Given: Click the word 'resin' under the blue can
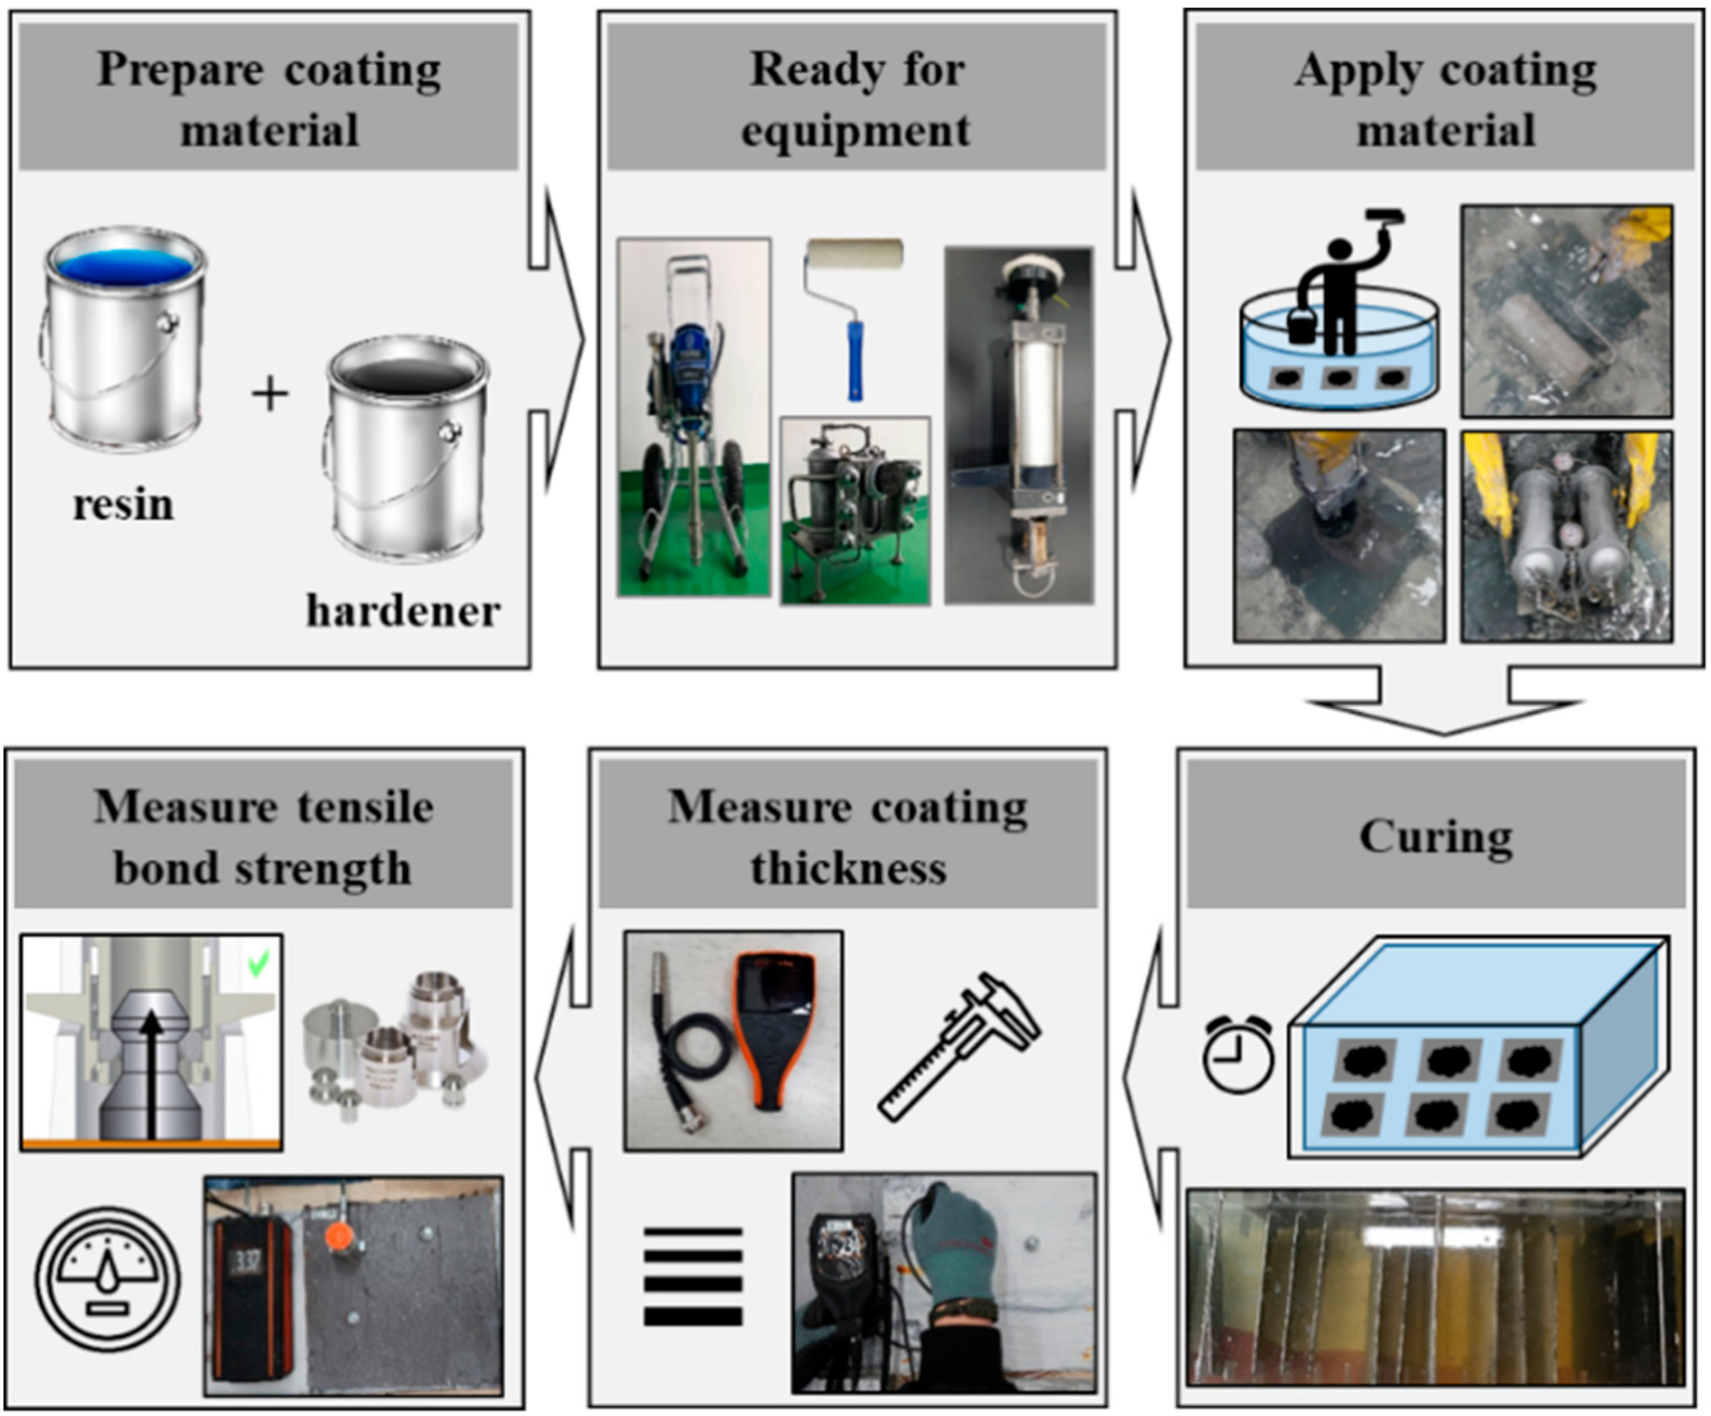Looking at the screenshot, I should [123, 505].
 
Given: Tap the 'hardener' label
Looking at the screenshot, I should [402, 611].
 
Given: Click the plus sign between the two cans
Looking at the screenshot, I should [270, 395].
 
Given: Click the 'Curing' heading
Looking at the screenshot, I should [1435, 837].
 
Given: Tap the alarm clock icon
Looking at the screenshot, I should [1238, 1054].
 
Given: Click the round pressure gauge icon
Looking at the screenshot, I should [108, 1279].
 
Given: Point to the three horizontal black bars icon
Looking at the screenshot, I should [693, 1276].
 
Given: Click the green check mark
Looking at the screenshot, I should [258, 965].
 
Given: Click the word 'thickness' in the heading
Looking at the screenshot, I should [848, 869].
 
